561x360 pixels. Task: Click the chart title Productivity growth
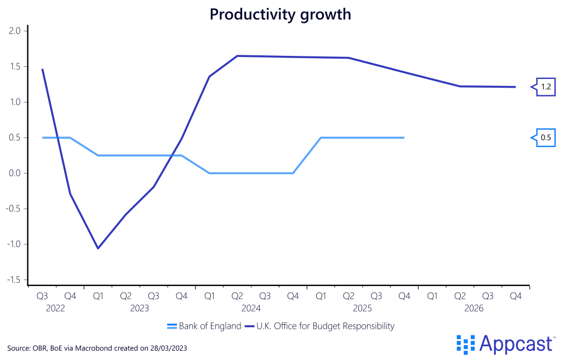click(280, 15)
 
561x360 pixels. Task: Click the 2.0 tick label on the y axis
click(15, 31)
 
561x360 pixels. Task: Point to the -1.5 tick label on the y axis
click(14, 280)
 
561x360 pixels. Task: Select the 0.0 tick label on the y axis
click(15, 173)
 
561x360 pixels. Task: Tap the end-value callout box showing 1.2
click(546, 87)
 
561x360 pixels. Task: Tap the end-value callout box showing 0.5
click(546, 138)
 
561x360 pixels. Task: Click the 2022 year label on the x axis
click(55, 308)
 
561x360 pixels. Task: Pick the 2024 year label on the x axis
click(250, 308)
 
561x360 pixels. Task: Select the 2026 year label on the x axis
click(474, 308)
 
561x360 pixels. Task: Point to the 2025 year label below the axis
click(362, 308)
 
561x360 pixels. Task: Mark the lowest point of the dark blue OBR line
click(98, 248)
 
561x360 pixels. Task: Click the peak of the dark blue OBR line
click(237, 56)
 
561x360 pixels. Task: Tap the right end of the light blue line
click(404, 138)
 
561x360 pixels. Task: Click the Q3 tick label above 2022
click(42, 296)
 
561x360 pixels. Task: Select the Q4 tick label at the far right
click(516, 296)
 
